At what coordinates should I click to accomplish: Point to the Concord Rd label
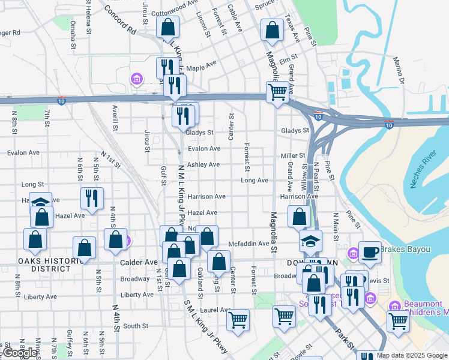point(120,18)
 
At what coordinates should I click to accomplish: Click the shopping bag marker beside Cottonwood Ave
point(167,28)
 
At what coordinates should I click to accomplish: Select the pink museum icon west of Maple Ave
point(136,79)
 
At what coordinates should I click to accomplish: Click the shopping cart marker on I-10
point(277,93)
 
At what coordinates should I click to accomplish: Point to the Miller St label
point(294,156)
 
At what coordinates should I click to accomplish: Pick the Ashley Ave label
point(203,164)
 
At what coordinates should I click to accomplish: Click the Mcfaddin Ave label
point(251,244)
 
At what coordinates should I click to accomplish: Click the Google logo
point(20,353)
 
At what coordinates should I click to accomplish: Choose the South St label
point(136,326)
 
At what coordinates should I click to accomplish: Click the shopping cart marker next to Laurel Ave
point(238,320)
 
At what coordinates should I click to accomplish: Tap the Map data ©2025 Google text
point(411,355)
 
